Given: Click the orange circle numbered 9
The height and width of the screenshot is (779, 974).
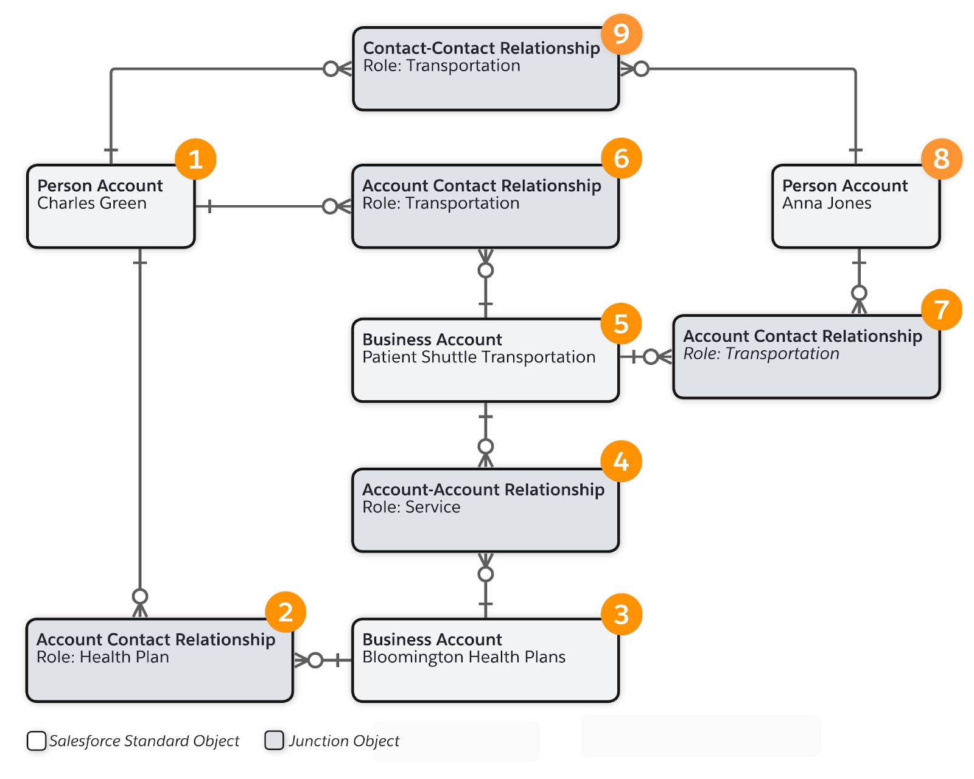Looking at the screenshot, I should coord(621,33).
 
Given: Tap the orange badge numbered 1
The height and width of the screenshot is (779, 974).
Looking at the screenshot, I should coord(195,159).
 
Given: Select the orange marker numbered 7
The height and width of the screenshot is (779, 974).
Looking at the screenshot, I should coord(941,309).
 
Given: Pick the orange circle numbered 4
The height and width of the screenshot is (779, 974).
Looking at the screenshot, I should coord(621,461).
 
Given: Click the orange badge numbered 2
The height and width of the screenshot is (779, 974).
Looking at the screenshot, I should coord(286,612).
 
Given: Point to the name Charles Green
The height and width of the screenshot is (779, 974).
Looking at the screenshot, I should coord(92,203).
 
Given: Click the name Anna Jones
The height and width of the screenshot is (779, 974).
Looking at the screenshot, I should coord(826,203).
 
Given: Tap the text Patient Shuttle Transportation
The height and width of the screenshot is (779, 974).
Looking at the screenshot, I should coord(478,357).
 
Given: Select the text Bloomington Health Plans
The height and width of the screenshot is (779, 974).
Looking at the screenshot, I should coord(464,657).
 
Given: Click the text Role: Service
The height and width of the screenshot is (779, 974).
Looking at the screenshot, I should coord(411,507).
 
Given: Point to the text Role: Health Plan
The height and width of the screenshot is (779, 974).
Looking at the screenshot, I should coord(103,657).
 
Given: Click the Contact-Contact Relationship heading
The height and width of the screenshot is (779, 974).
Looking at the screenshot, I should coord(481,48).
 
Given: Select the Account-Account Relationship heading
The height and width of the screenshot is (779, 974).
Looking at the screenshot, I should coord(483,490).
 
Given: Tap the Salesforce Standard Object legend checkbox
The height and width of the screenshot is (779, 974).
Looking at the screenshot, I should coord(37,741).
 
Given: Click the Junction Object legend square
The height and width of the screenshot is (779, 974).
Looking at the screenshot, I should coord(274,740).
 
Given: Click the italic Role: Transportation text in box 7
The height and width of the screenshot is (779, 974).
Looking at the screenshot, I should coord(761,354).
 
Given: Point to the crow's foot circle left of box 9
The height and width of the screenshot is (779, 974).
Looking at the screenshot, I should coord(331,69).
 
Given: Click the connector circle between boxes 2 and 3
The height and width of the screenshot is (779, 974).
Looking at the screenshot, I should coord(315,660).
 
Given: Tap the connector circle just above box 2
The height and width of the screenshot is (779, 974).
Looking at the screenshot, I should coord(140,596).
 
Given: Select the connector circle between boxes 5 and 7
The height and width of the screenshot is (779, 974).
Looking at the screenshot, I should coord(651,357).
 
